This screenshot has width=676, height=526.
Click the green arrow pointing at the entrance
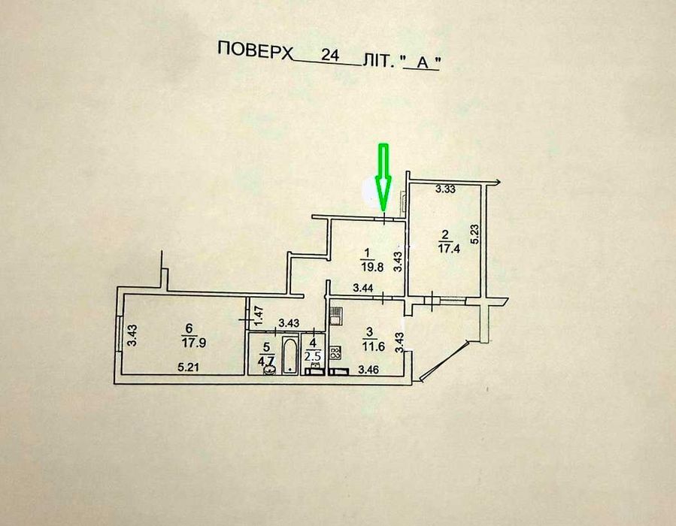(x=383, y=176)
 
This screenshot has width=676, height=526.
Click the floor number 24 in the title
(x=329, y=55)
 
